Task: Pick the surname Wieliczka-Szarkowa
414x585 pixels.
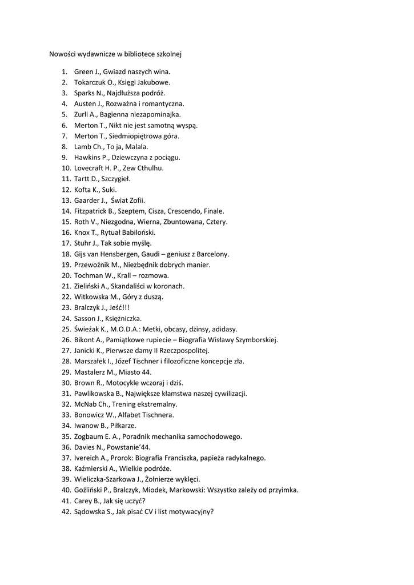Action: (x=105, y=479)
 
